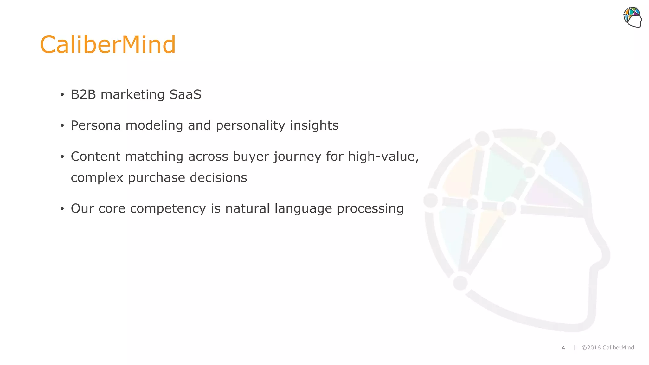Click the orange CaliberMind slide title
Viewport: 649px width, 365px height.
coord(108,45)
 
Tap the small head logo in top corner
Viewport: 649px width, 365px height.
coord(633,17)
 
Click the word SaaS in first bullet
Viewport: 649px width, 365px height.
coord(185,94)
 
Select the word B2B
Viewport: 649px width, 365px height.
coord(83,94)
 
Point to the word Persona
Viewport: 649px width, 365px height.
coord(96,125)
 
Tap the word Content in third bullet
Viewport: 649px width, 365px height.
coord(95,157)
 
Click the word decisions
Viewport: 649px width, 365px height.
coord(218,177)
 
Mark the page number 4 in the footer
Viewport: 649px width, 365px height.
coord(563,348)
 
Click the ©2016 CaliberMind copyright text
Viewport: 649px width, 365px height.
coord(608,348)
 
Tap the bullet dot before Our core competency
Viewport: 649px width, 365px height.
coord(62,209)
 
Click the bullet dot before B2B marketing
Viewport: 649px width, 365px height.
coord(62,95)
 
